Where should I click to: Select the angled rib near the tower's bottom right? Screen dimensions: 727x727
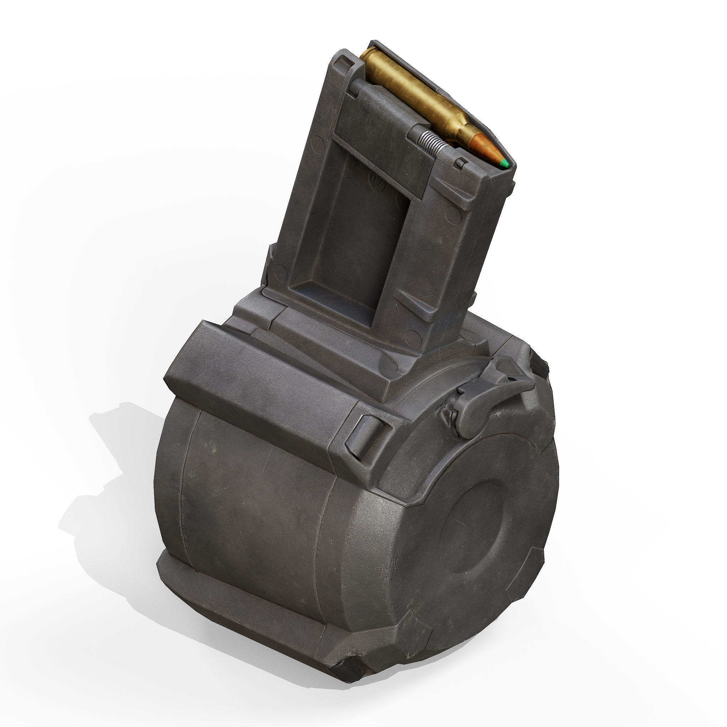[414, 307]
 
